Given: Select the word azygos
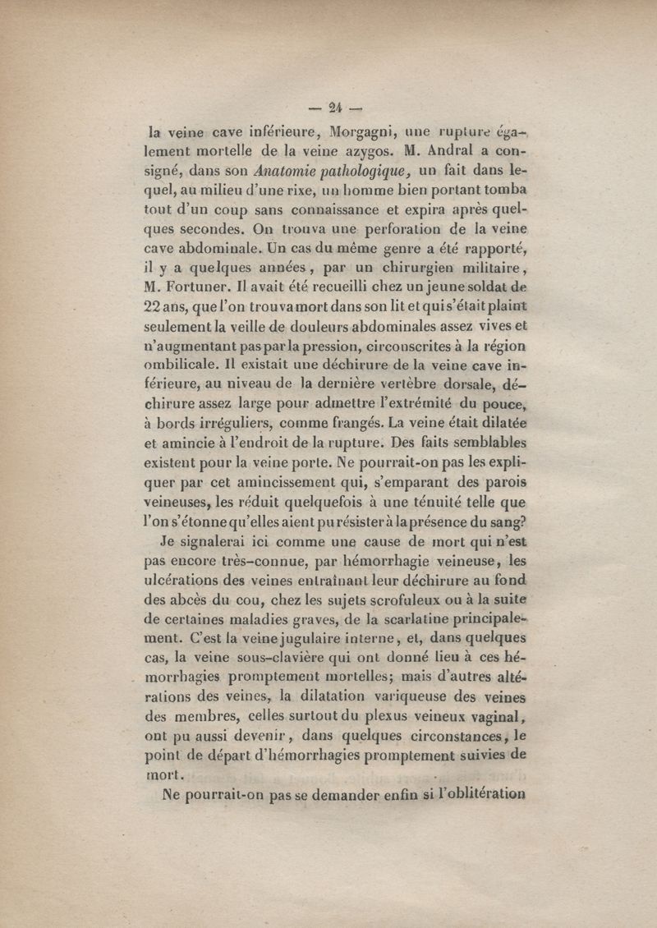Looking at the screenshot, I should [371, 152].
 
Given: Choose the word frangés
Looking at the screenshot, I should [330, 425].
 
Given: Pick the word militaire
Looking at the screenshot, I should [489, 264].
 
